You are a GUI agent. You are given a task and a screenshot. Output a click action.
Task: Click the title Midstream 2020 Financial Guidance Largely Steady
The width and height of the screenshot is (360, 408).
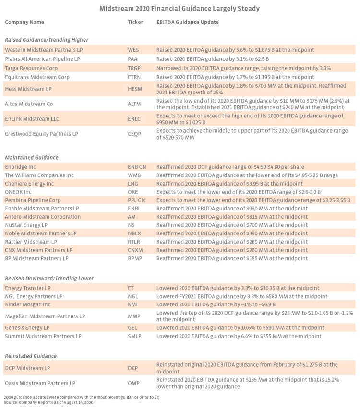tap(180, 8)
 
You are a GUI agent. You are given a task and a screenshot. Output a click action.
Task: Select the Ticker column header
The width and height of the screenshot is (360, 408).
tap(135, 22)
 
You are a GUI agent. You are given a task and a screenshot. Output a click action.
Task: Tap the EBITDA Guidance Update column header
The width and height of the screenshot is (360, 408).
tap(188, 22)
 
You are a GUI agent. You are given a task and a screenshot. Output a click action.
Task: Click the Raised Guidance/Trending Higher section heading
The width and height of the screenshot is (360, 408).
tap(47, 40)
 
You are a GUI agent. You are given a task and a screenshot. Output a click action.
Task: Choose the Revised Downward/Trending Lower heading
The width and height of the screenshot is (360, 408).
tap(49, 278)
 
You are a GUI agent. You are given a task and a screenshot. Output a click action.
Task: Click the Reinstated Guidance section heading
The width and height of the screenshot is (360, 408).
tap(31, 356)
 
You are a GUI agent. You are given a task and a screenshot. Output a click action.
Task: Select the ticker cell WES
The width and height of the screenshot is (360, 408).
tap(133, 49)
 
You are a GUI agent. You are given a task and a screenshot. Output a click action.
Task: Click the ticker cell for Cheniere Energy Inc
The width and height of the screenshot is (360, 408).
tap(132, 184)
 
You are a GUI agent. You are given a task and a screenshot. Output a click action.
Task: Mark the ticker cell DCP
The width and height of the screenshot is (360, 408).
tap(132, 368)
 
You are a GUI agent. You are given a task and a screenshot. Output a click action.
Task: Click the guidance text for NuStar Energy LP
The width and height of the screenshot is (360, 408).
tap(232, 225)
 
